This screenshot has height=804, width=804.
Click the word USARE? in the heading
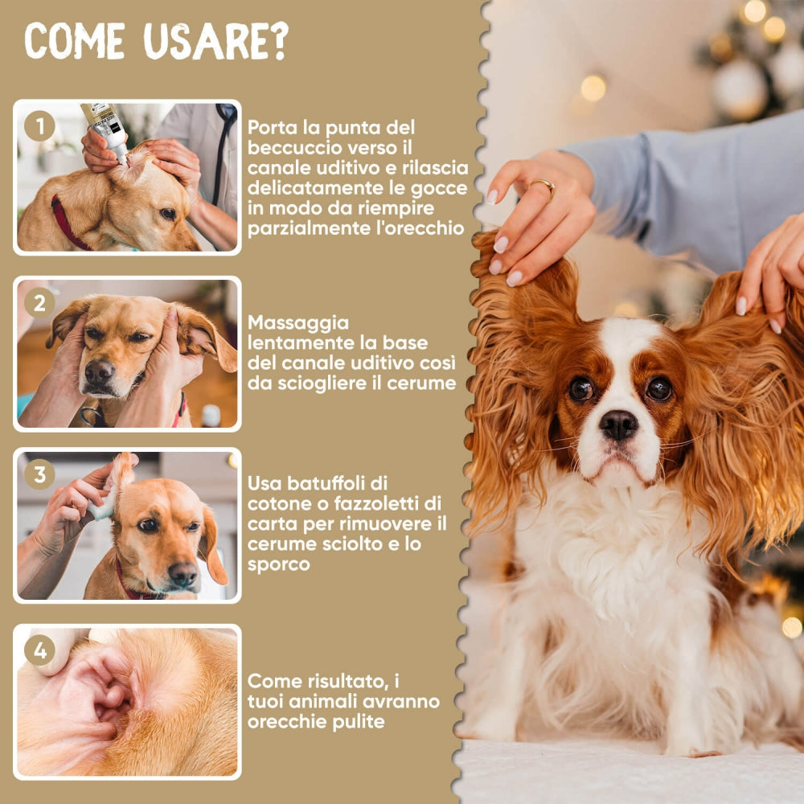(215, 42)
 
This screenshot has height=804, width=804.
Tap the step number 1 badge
(39, 125)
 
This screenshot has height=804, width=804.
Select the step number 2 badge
(39, 302)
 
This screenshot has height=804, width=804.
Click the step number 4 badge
(39, 650)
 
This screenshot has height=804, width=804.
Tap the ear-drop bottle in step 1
(106, 131)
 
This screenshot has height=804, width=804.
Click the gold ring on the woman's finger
(544, 187)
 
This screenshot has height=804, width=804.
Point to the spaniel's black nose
(619, 425)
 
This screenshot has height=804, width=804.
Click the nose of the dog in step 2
(99, 371)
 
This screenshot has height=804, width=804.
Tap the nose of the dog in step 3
(183, 572)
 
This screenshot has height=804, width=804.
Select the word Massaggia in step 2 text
(298, 323)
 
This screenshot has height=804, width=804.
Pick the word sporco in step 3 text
(278, 565)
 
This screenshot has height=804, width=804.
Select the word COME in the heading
(75, 41)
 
